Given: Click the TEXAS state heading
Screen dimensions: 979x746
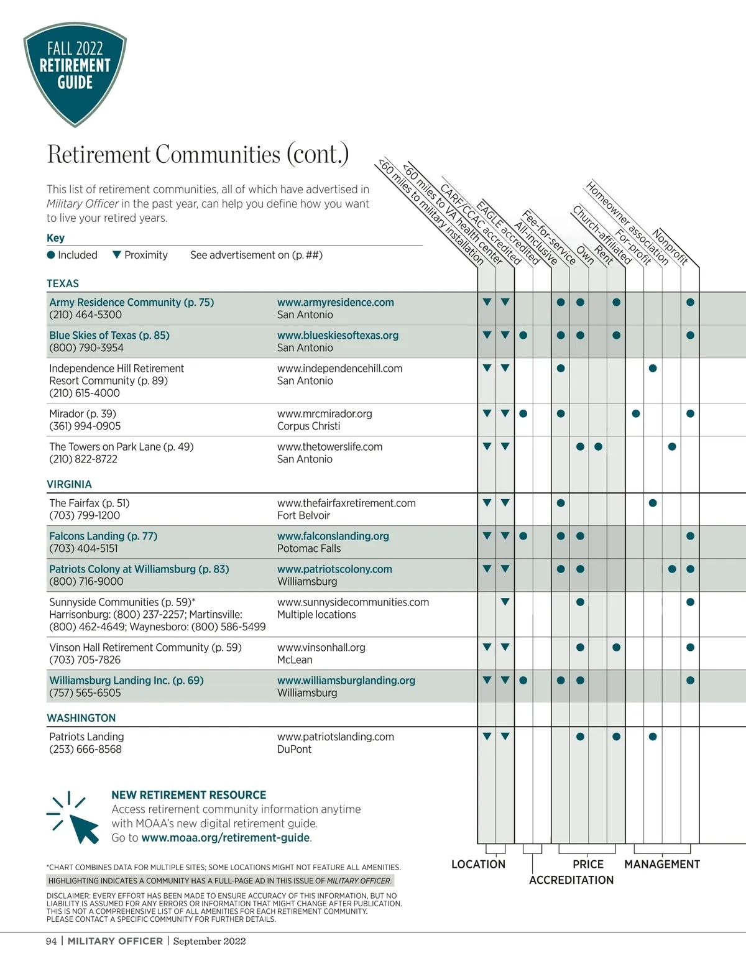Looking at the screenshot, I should pyautogui.click(x=63, y=283).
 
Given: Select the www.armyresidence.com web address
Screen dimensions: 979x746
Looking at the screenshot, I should pyautogui.click(x=335, y=303).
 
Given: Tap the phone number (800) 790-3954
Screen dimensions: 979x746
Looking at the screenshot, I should pyautogui.click(x=86, y=347).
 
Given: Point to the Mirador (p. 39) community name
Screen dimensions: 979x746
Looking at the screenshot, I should pyautogui.click(x=82, y=414).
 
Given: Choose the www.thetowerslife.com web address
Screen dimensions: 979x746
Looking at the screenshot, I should pyautogui.click(x=329, y=447).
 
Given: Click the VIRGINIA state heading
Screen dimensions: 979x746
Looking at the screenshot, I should pyautogui.click(x=69, y=484).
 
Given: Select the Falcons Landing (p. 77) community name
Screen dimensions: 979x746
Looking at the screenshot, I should pyautogui.click(x=103, y=536).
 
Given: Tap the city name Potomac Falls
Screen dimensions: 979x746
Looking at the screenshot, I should pyautogui.click(x=309, y=548).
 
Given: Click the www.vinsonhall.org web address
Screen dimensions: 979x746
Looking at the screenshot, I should pyautogui.click(x=321, y=648).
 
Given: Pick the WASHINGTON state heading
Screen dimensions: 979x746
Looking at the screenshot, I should pyautogui.click(x=81, y=718).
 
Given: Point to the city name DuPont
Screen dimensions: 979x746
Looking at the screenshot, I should pyautogui.click(x=294, y=749).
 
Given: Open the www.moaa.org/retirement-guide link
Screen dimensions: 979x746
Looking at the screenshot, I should pyautogui.click(x=226, y=838).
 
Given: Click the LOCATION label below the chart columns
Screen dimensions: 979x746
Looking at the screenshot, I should pyautogui.click(x=478, y=864).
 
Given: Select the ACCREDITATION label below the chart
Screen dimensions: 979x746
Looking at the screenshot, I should pyautogui.click(x=571, y=880).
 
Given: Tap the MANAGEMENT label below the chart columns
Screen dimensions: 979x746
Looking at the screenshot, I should pyautogui.click(x=661, y=864).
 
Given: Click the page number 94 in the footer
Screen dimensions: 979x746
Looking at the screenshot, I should pyautogui.click(x=51, y=941).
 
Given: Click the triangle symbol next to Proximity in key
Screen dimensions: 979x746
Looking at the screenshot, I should pyautogui.click(x=117, y=255).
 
